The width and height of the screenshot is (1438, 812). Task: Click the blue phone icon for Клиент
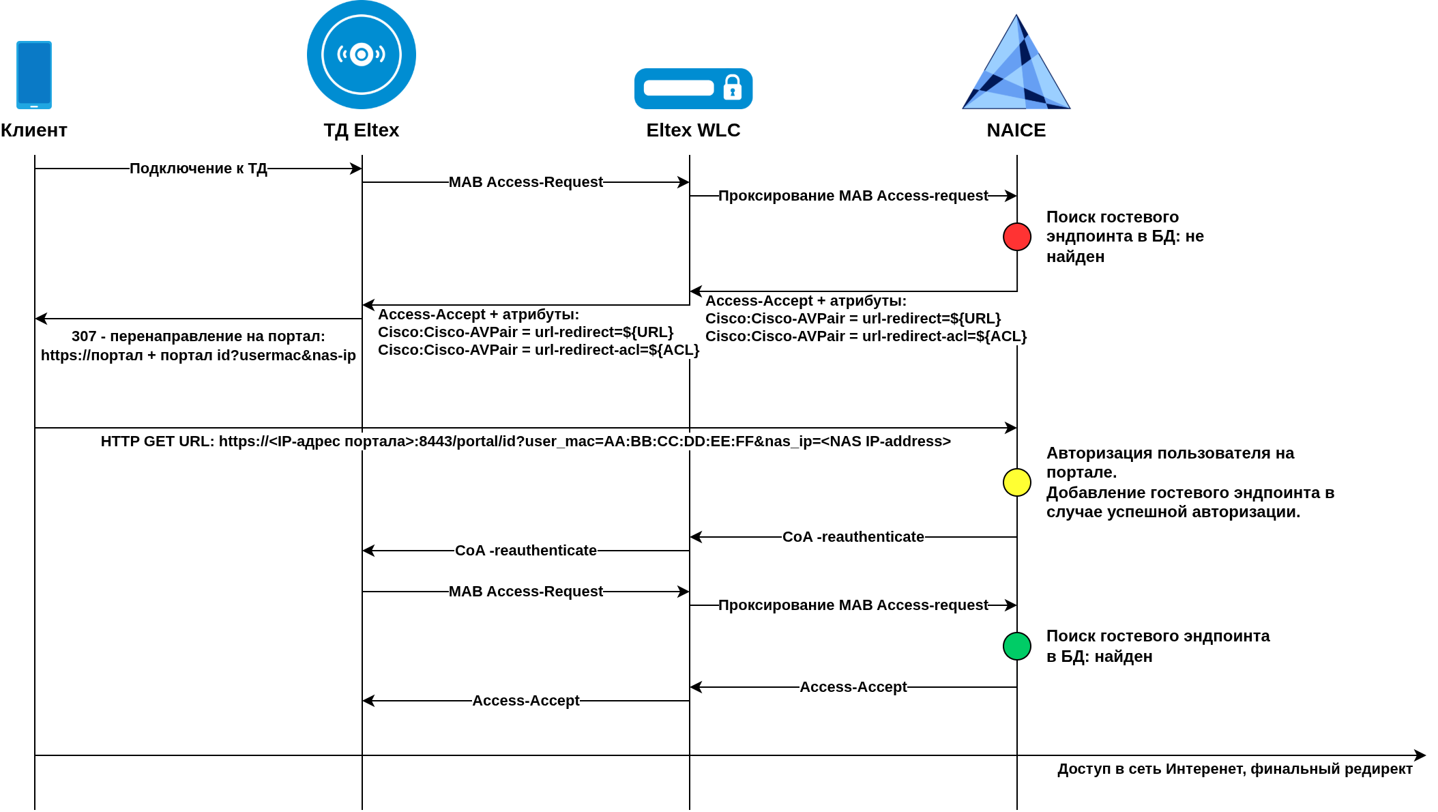(x=34, y=74)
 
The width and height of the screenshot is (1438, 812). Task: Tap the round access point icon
(x=361, y=55)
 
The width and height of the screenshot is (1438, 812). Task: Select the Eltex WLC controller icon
(x=693, y=89)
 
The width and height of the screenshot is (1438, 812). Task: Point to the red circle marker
(x=1016, y=237)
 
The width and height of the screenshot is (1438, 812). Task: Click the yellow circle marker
(x=1016, y=482)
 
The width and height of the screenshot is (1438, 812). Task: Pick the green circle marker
(x=1016, y=646)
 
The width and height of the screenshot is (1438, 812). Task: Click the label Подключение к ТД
(x=198, y=169)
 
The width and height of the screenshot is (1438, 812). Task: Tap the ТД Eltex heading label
(x=361, y=130)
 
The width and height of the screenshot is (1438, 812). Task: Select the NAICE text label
(x=1016, y=130)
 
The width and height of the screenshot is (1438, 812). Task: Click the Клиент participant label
(x=34, y=130)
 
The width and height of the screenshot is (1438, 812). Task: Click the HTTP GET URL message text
(x=525, y=441)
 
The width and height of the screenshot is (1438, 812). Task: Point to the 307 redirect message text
(x=198, y=346)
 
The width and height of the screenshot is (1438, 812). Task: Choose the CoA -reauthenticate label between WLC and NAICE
(x=853, y=537)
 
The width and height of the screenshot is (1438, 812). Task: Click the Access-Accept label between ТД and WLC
(x=525, y=701)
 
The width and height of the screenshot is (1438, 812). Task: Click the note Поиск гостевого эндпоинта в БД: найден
(x=1158, y=646)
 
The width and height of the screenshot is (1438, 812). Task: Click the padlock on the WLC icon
(x=732, y=88)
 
